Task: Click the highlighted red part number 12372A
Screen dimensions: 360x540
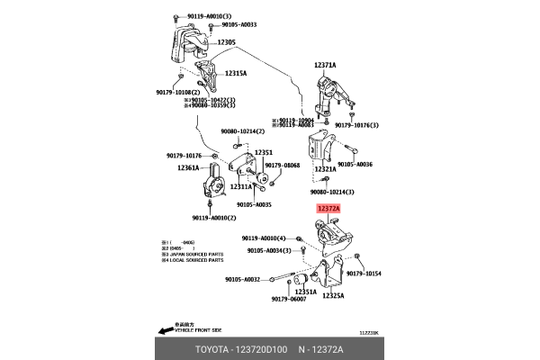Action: click(x=328, y=208)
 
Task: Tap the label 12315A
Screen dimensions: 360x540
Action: click(x=235, y=73)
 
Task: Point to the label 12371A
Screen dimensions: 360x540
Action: click(x=325, y=66)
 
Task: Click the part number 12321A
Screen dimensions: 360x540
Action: click(x=325, y=168)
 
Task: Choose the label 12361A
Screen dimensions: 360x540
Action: click(x=188, y=167)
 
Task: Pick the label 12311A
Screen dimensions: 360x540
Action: click(x=241, y=186)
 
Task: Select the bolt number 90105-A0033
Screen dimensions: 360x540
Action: click(x=238, y=25)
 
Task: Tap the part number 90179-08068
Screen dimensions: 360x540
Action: click(x=282, y=166)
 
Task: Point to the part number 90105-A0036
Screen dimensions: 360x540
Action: click(x=352, y=165)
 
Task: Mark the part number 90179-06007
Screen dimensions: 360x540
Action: click(x=288, y=299)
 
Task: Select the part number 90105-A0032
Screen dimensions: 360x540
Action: click(x=242, y=279)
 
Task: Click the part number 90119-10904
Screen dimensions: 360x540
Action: click(x=295, y=120)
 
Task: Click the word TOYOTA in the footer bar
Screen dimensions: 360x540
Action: click(x=215, y=348)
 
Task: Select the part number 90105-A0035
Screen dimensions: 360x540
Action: click(x=255, y=204)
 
